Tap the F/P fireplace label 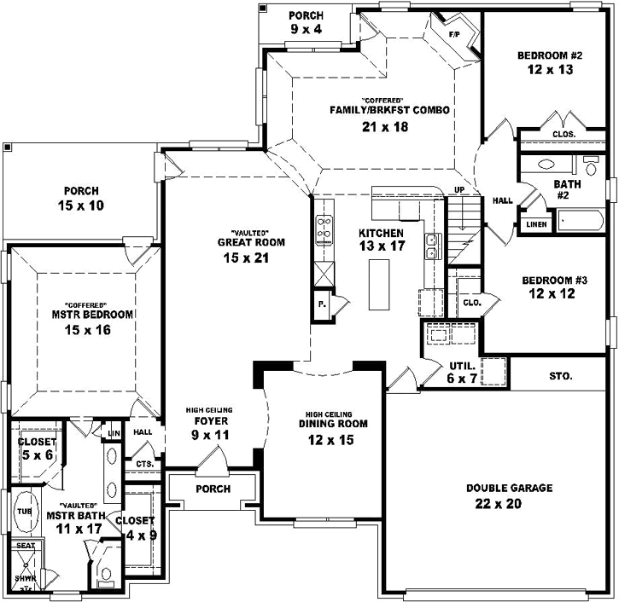[455, 35]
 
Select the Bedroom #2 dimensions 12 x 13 [549, 72]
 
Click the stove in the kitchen [324, 230]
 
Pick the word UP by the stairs [459, 189]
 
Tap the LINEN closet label [534, 224]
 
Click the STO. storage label [561, 375]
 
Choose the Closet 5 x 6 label [37, 449]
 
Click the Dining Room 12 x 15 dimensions [333, 440]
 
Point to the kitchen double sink [432, 246]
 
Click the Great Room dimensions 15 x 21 [250, 258]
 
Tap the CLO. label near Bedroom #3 [472, 302]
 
